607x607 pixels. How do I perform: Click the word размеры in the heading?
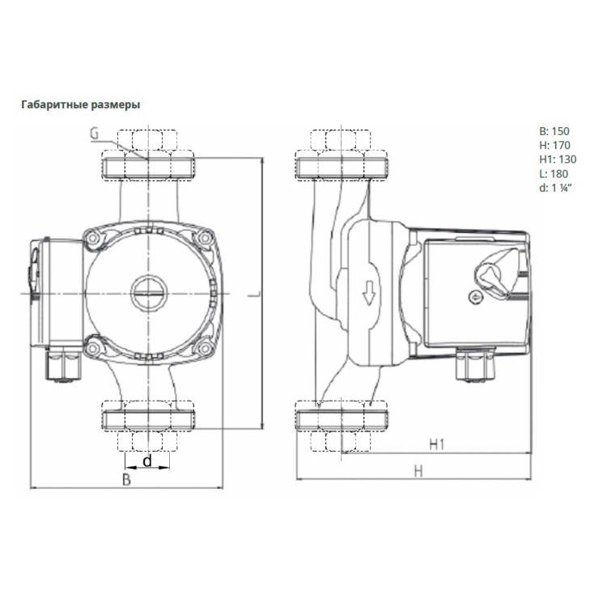(x=116, y=105)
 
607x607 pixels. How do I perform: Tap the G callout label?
(x=95, y=134)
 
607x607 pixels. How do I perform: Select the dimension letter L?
(x=255, y=294)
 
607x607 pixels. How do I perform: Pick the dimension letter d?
(x=147, y=461)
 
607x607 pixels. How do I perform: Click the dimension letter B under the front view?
(x=126, y=480)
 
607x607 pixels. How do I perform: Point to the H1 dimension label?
(x=437, y=444)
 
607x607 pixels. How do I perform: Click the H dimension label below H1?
(x=418, y=472)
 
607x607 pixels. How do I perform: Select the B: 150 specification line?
(x=554, y=131)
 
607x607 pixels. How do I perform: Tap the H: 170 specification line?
(x=554, y=145)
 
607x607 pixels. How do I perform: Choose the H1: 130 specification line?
(x=558, y=159)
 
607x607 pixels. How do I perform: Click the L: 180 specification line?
(x=554, y=174)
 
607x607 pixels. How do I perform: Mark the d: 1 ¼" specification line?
(x=555, y=188)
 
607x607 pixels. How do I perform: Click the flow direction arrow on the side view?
(x=369, y=293)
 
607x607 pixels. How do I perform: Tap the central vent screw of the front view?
(x=149, y=293)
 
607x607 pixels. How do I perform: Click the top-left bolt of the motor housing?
(x=93, y=237)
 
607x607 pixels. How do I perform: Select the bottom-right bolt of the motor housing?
(x=204, y=349)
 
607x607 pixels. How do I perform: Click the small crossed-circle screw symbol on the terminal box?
(x=475, y=297)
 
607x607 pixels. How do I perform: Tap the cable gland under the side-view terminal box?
(x=475, y=364)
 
